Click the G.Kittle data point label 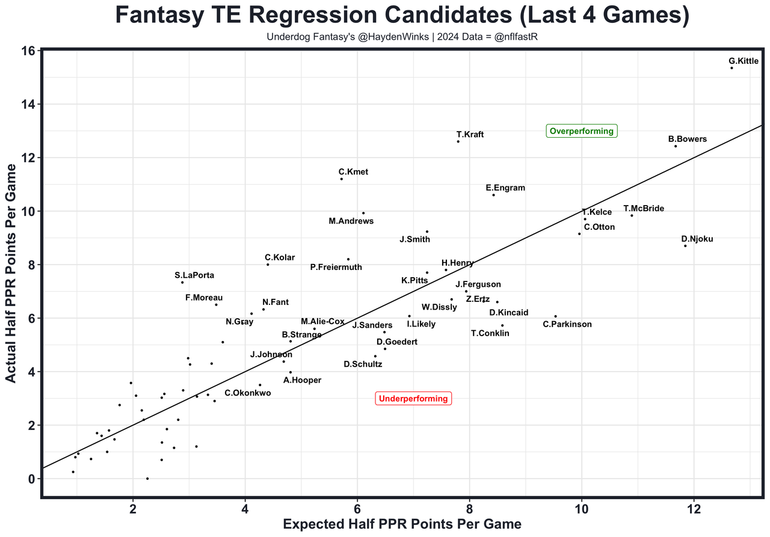coord(743,61)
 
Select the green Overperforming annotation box coord(582,131)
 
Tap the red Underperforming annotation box coord(413,398)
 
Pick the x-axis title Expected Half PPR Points coord(402,524)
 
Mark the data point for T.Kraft coord(458,141)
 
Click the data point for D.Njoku coord(685,245)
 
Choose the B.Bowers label coord(687,139)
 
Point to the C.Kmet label coord(353,172)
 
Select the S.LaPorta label coord(194,275)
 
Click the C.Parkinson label coord(567,324)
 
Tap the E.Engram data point coord(493,195)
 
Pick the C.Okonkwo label coord(247,393)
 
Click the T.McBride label coord(643,209)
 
